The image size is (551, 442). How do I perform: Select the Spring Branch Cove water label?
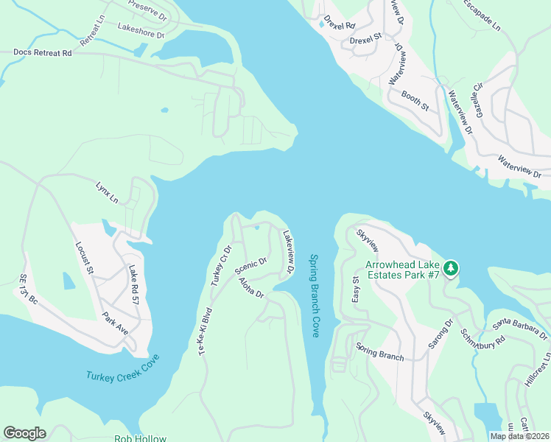pos(315,296)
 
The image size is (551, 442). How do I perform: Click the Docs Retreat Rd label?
pos(43,53)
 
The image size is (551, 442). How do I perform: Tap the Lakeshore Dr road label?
pos(140,30)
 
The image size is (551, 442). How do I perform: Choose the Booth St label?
pos(415,100)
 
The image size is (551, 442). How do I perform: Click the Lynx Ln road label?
pos(106,193)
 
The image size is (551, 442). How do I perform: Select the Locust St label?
pos(85,258)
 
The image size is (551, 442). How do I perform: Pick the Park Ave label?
pos(116,324)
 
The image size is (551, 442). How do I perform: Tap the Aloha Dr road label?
pos(250,289)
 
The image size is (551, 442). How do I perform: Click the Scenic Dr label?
pos(250,265)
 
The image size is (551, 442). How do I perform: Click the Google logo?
pos(24,433)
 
